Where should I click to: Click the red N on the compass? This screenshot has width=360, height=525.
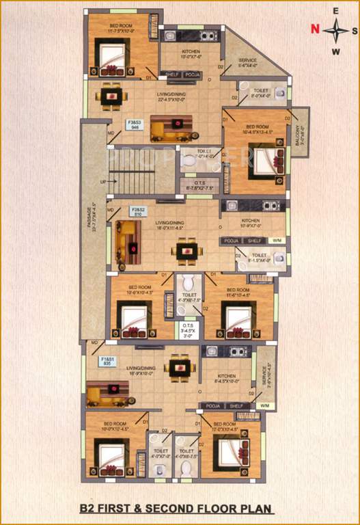314,29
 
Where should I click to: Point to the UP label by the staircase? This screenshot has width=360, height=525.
103,183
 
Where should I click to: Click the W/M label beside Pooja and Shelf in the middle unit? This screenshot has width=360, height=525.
276,241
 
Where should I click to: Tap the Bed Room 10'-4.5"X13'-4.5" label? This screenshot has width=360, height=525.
258,129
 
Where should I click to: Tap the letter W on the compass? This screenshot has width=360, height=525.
335,51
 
